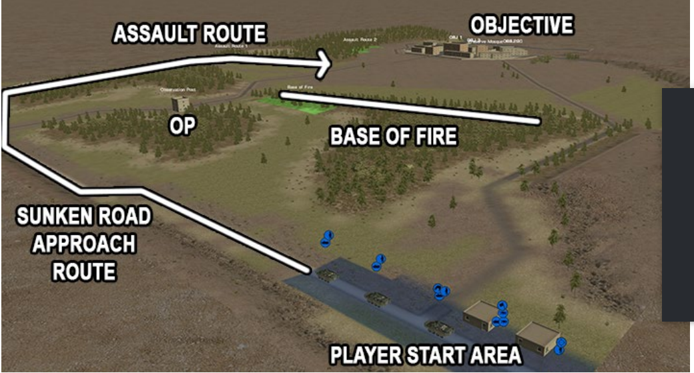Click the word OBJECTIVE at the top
click(x=521, y=25)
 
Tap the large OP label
click(x=182, y=127)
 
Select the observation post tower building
click(x=180, y=104)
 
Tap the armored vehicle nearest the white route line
click(x=328, y=275)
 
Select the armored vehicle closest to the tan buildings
click(x=438, y=326)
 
